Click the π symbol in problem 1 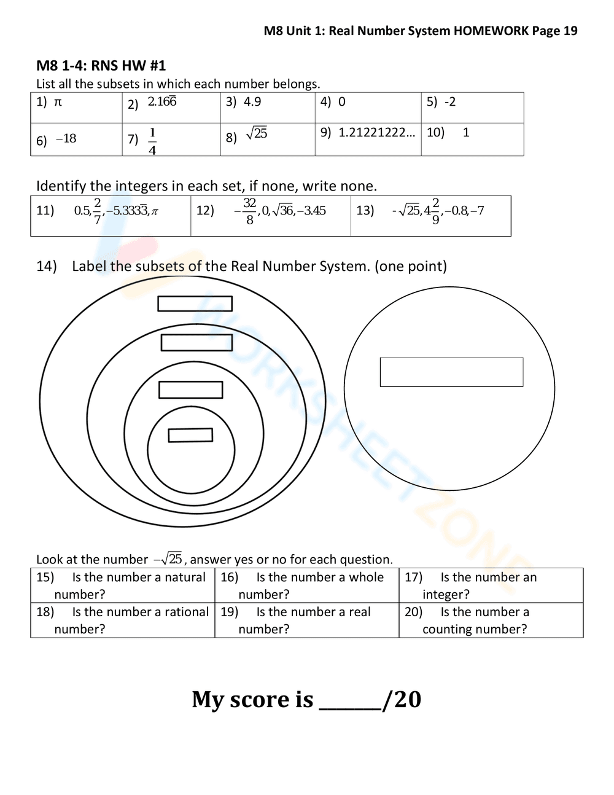pyautogui.click(x=58, y=102)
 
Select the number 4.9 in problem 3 pyautogui.click(x=252, y=102)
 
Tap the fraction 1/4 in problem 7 pyautogui.click(x=152, y=141)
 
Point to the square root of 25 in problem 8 pyautogui.click(x=257, y=133)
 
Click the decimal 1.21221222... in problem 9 pyautogui.click(x=376, y=132)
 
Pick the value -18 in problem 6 pyautogui.click(x=66, y=139)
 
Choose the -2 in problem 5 pyautogui.click(x=450, y=102)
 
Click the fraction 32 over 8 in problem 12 pyautogui.click(x=249, y=211)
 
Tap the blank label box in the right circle pyautogui.click(x=451, y=372)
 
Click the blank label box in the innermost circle pyautogui.click(x=190, y=435)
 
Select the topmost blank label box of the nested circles pyautogui.click(x=195, y=304)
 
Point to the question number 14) pyautogui.click(x=47, y=266)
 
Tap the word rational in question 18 pyautogui.click(x=187, y=612)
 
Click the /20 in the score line pyautogui.click(x=402, y=699)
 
